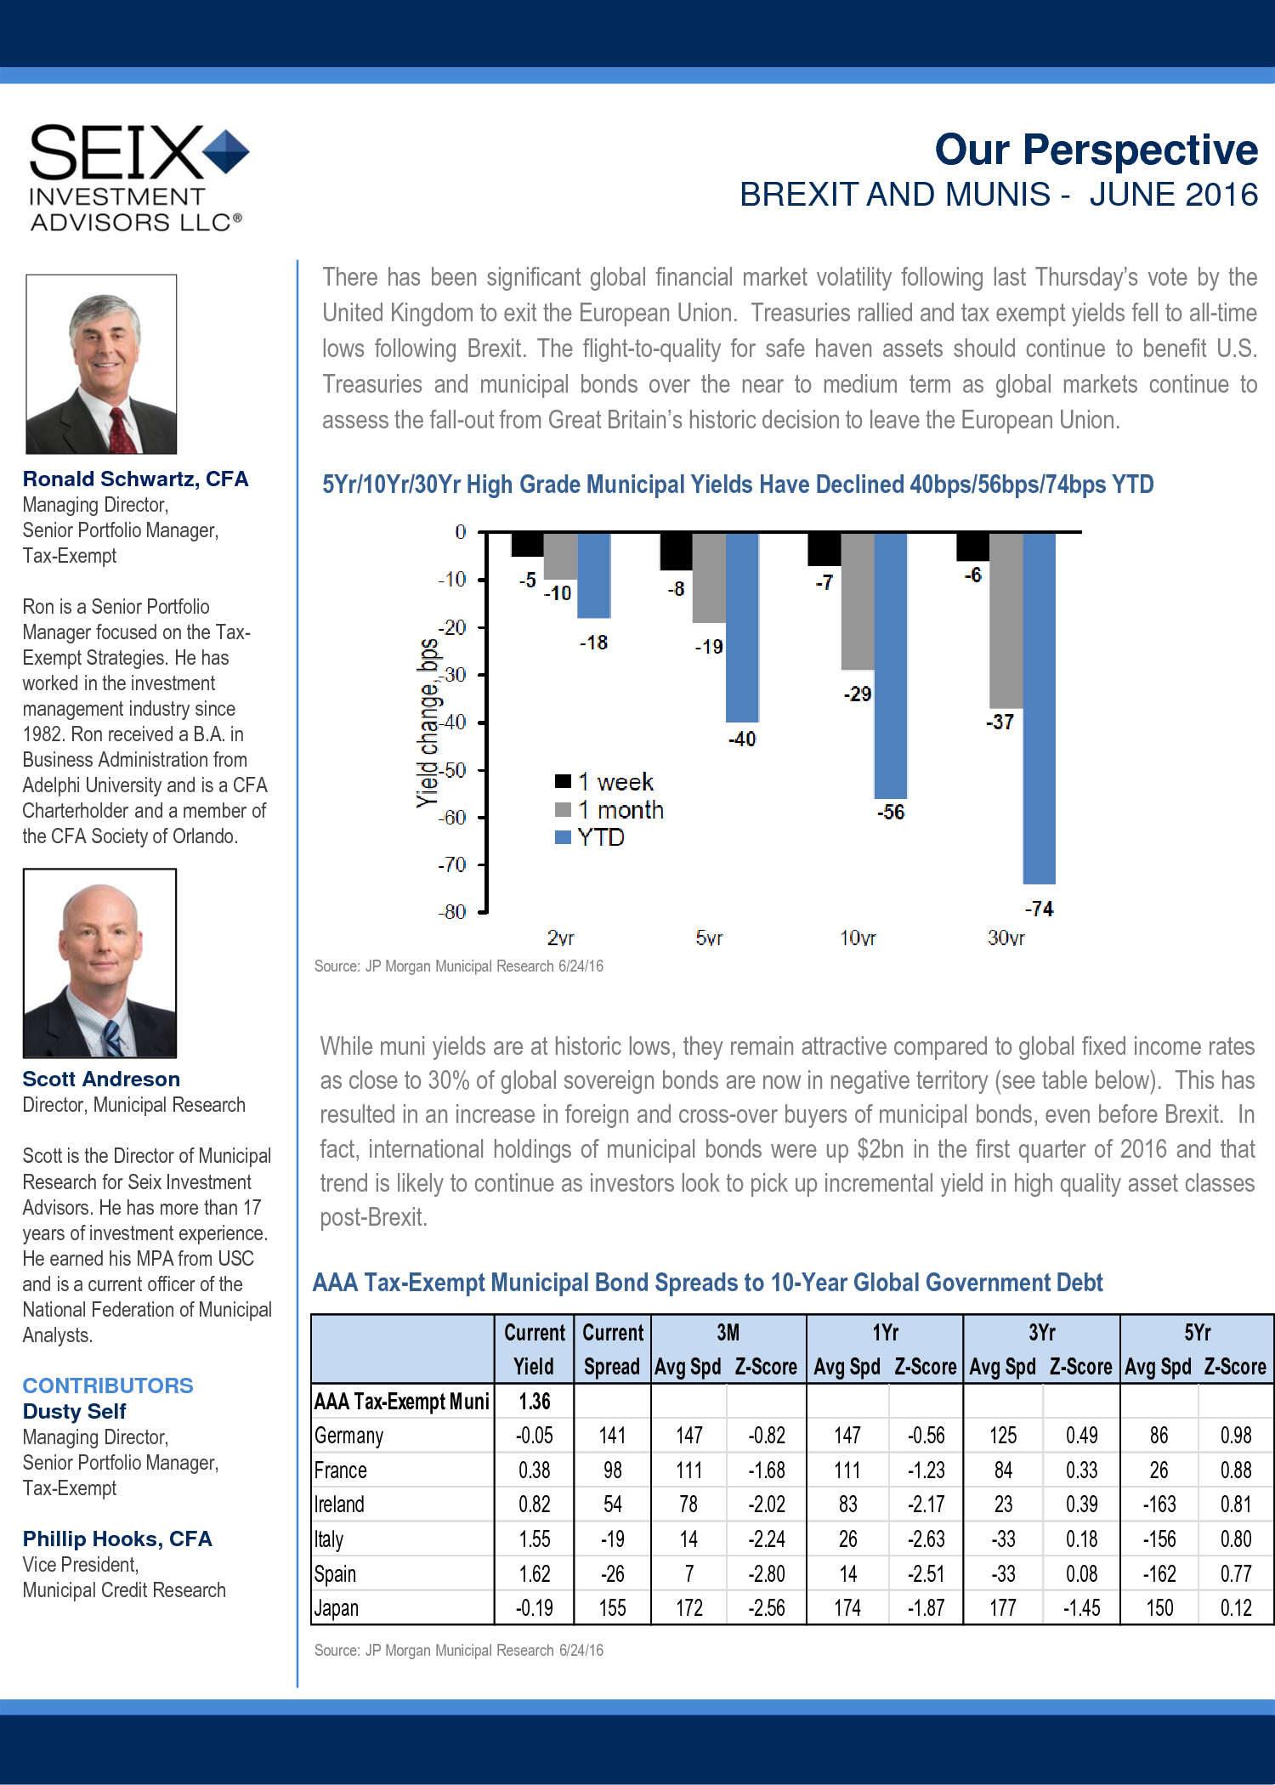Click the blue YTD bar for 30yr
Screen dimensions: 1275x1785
(x=1039, y=708)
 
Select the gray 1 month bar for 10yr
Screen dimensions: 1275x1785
(x=858, y=601)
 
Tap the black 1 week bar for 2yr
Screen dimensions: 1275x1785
(x=527, y=544)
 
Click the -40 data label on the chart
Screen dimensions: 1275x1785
(x=742, y=739)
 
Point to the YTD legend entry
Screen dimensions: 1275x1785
(x=590, y=837)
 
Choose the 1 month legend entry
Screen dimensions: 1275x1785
(x=609, y=809)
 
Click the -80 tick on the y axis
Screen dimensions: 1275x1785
(x=452, y=912)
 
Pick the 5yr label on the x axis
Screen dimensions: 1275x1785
(x=709, y=938)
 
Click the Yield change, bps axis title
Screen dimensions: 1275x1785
(x=428, y=722)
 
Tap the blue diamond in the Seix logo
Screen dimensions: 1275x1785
(x=226, y=151)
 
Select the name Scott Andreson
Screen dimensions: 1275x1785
(x=101, y=1079)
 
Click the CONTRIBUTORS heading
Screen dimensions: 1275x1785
(x=108, y=1385)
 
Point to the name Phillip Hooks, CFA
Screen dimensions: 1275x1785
(x=117, y=1538)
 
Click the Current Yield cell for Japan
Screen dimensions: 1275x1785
(x=535, y=1608)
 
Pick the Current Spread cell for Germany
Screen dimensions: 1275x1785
(x=612, y=1436)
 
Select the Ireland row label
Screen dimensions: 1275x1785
(x=339, y=1504)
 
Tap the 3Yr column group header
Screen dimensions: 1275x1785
(x=1042, y=1332)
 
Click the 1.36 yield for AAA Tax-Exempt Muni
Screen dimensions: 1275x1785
(x=535, y=1401)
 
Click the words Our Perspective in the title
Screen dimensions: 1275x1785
(x=1096, y=150)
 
